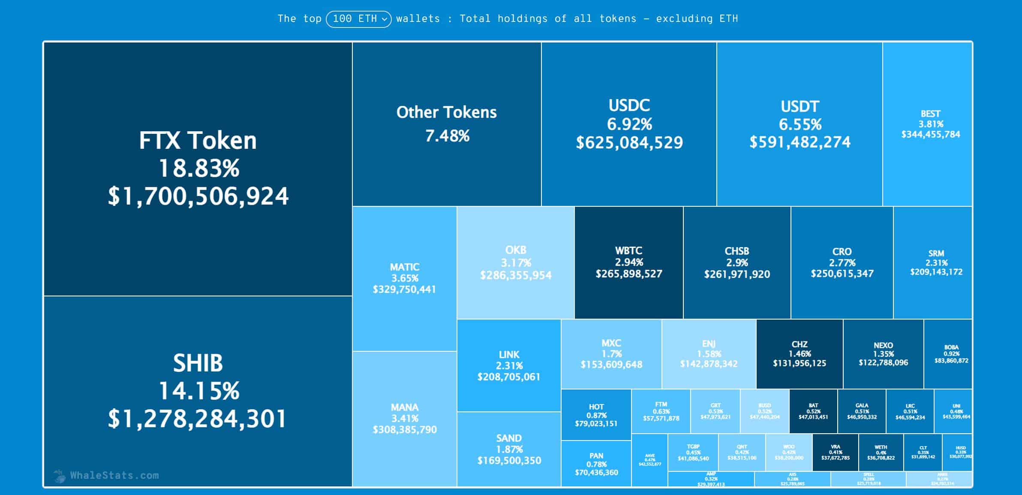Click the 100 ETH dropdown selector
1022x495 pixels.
[358, 19]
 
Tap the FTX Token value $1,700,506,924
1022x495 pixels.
[198, 196]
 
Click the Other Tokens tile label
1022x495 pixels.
[446, 112]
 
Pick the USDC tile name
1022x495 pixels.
[629, 106]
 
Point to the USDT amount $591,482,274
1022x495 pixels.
[800, 142]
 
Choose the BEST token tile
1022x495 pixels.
[930, 124]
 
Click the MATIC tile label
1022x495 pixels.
[404, 267]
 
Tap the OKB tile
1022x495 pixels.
[516, 263]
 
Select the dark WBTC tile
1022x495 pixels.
[629, 263]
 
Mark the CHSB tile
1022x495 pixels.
[737, 263]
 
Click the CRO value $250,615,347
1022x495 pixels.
[842, 274]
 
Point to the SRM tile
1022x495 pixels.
[936, 263]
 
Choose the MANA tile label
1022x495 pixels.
[404, 407]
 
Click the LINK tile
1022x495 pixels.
[509, 365]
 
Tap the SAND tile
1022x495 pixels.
[509, 449]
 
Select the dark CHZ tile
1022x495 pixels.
[800, 354]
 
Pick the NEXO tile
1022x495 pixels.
[883, 354]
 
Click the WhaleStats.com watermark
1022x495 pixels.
[114, 475]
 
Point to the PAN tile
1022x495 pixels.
[596, 464]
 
